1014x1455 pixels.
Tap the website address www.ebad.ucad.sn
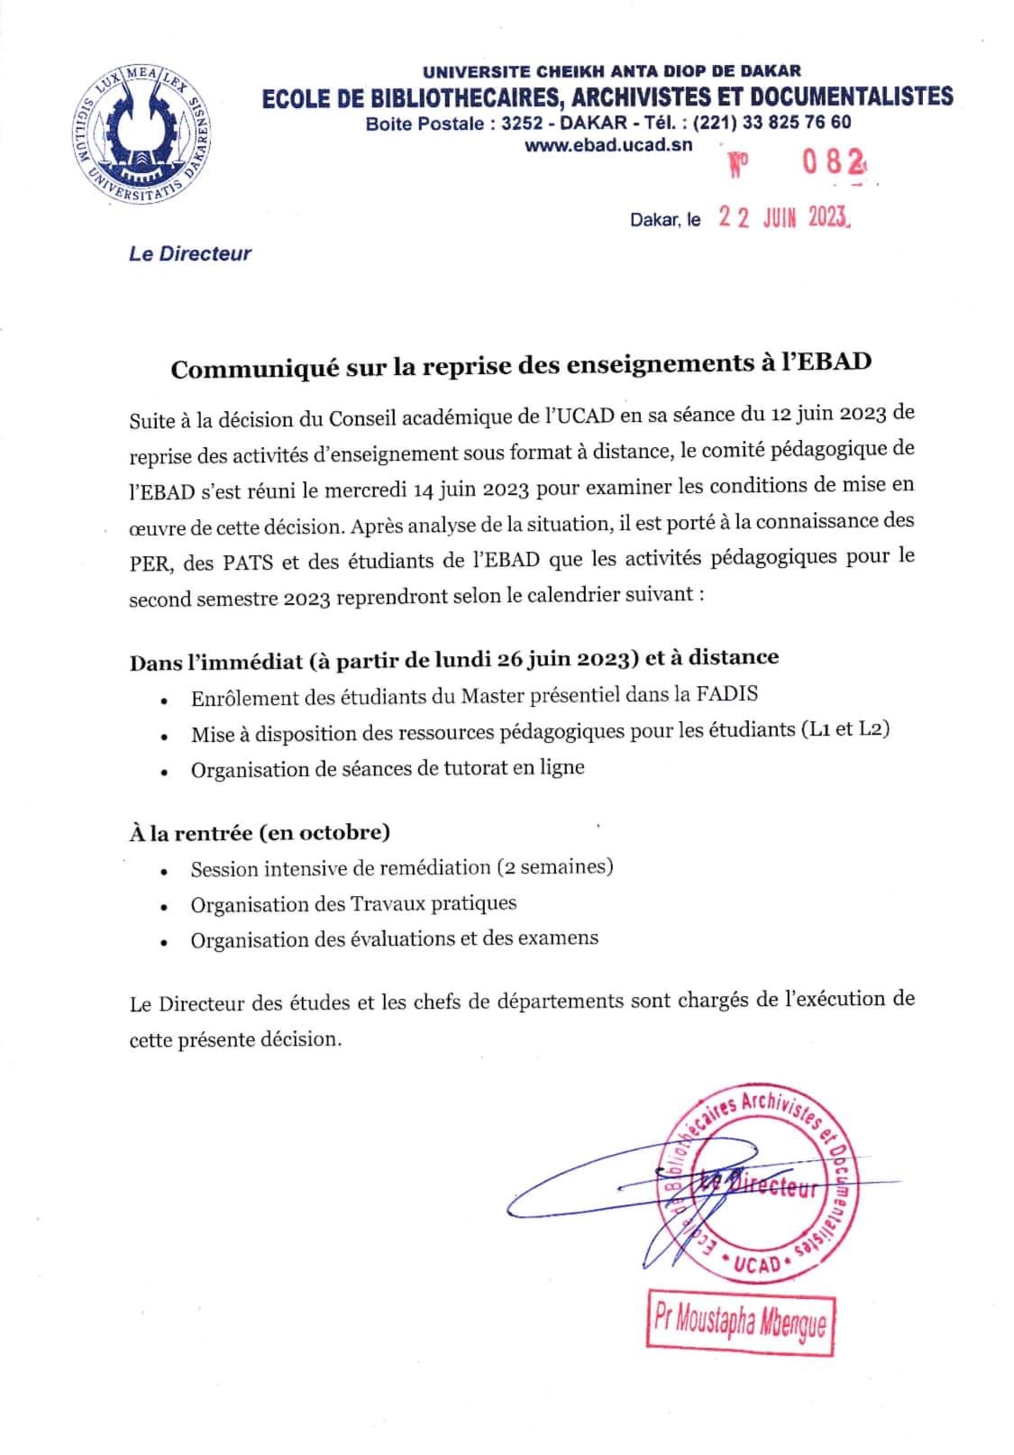click(x=608, y=144)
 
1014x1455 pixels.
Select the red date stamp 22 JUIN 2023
click(x=783, y=218)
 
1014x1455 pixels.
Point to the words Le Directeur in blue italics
click(x=190, y=254)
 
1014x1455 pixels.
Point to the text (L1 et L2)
click(x=844, y=729)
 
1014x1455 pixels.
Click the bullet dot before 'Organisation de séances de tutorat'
click(x=163, y=773)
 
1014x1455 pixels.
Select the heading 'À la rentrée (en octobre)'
click(x=260, y=832)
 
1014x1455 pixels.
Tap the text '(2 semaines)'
click(x=554, y=867)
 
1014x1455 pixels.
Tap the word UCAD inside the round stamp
click(x=756, y=1264)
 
